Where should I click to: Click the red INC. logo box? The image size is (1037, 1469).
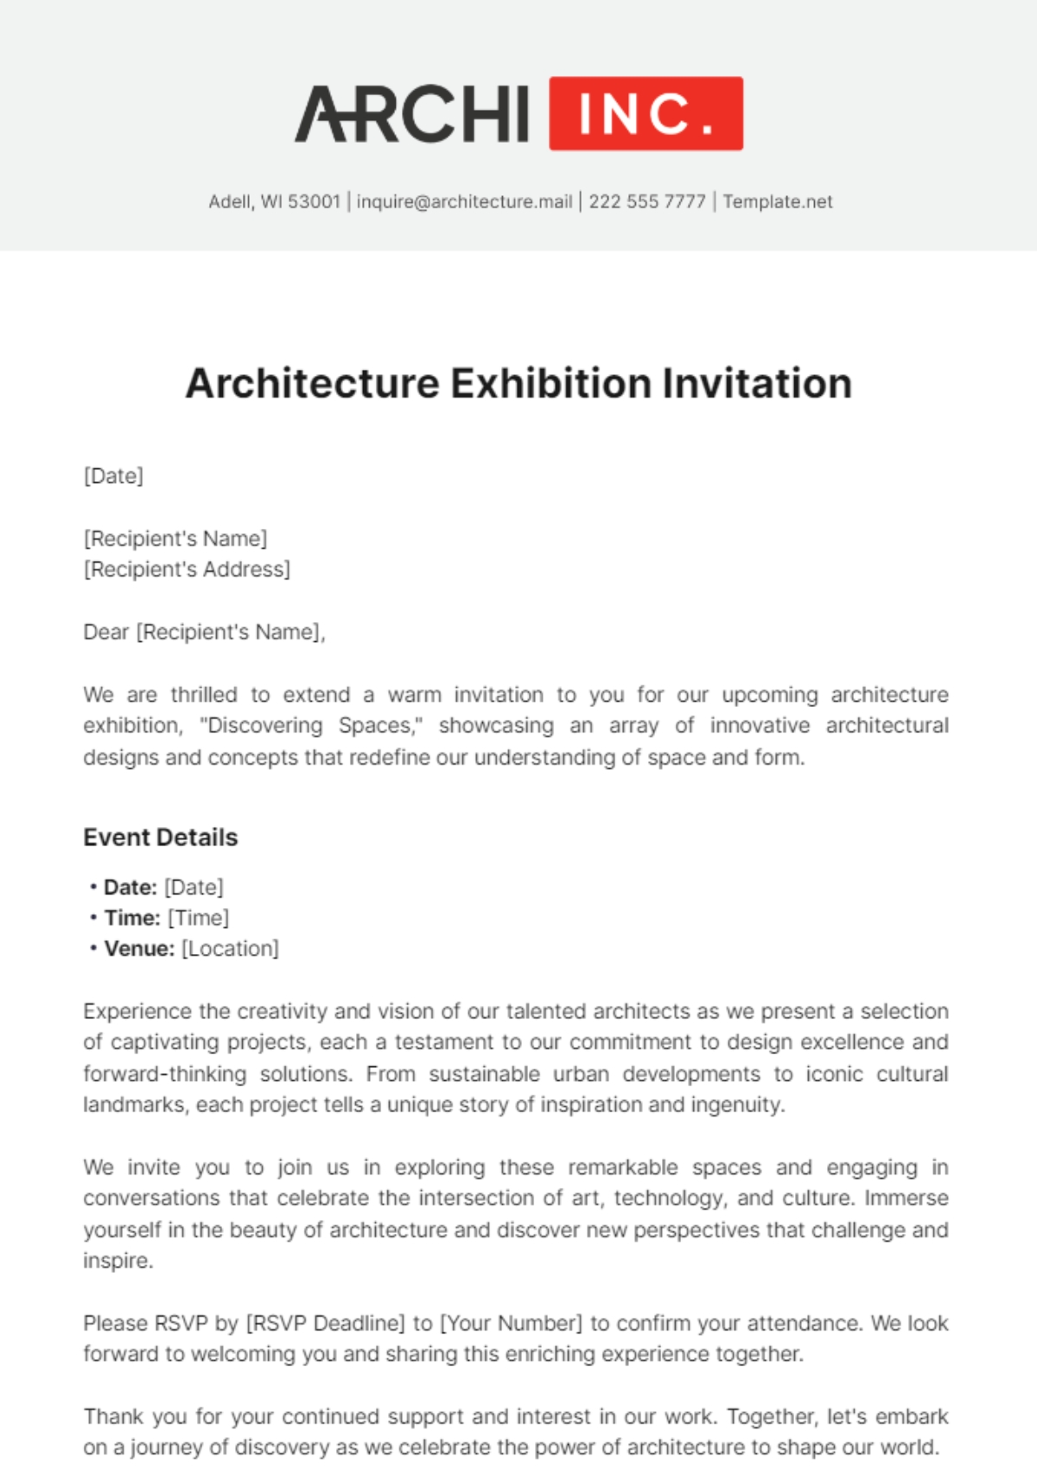pyautogui.click(x=646, y=113)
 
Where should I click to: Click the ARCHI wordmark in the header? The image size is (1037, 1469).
pyautogui.click(x=412, y=114)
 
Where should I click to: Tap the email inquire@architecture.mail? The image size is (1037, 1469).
pyautogui.click(x=464, y=201)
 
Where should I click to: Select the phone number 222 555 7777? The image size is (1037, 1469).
pyautogui.click(x=647, y=201)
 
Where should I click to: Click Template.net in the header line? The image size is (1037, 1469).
pyautogui.click(x=778, y=201)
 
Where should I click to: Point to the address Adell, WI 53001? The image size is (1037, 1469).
pyautogui.click(x=274, y=201)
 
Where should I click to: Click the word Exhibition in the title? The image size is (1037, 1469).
pyautogui.click(x=550, y=384)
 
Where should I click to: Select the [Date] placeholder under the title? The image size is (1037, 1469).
pyautogui.click(x=113, y=476)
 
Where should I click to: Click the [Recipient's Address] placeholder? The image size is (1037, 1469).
pyautogui.click(x=187, y=569)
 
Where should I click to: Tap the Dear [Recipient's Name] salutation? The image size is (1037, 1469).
pyautogui.click(x=204, y=633)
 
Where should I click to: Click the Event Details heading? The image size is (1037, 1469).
pyautogui.click(x=160, y=837)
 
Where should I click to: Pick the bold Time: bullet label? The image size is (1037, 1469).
pyautogui.click(x=132, y=918)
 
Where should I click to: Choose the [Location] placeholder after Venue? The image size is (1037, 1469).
pyautogui.click(x=230, y=949)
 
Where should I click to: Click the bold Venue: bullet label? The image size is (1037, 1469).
pyautogui.click(x=139, y=949)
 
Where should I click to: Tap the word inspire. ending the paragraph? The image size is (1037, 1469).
pyautogui.click(x=118, y=1261)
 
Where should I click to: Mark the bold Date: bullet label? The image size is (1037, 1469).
pyautogui.click(x=130, y=887)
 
